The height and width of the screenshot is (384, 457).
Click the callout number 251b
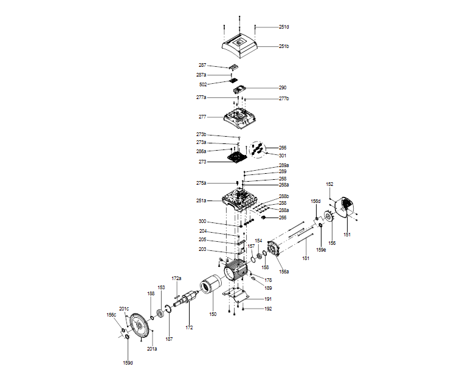coord(284,47)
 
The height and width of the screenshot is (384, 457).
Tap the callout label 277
coord(202,117)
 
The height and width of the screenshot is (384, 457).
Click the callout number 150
coord(213,314)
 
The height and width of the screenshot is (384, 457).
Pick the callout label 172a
coord(176,278)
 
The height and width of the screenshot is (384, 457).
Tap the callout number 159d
coord(128,363)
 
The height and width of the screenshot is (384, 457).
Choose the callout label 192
coord(268,309)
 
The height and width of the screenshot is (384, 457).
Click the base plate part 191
coord(238,297)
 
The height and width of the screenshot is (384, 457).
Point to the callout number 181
coord(306,258)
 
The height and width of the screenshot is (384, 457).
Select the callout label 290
coord(283,87)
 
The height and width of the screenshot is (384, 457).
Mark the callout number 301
coord(283,155)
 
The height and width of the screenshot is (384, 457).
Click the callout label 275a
coord(201,183)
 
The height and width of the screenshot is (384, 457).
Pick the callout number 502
coord(203,84)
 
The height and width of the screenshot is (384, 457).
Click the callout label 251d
coord(284,27)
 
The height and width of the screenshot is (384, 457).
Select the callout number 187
coord(170,338)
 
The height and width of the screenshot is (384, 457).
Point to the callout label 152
coord(330,183)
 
